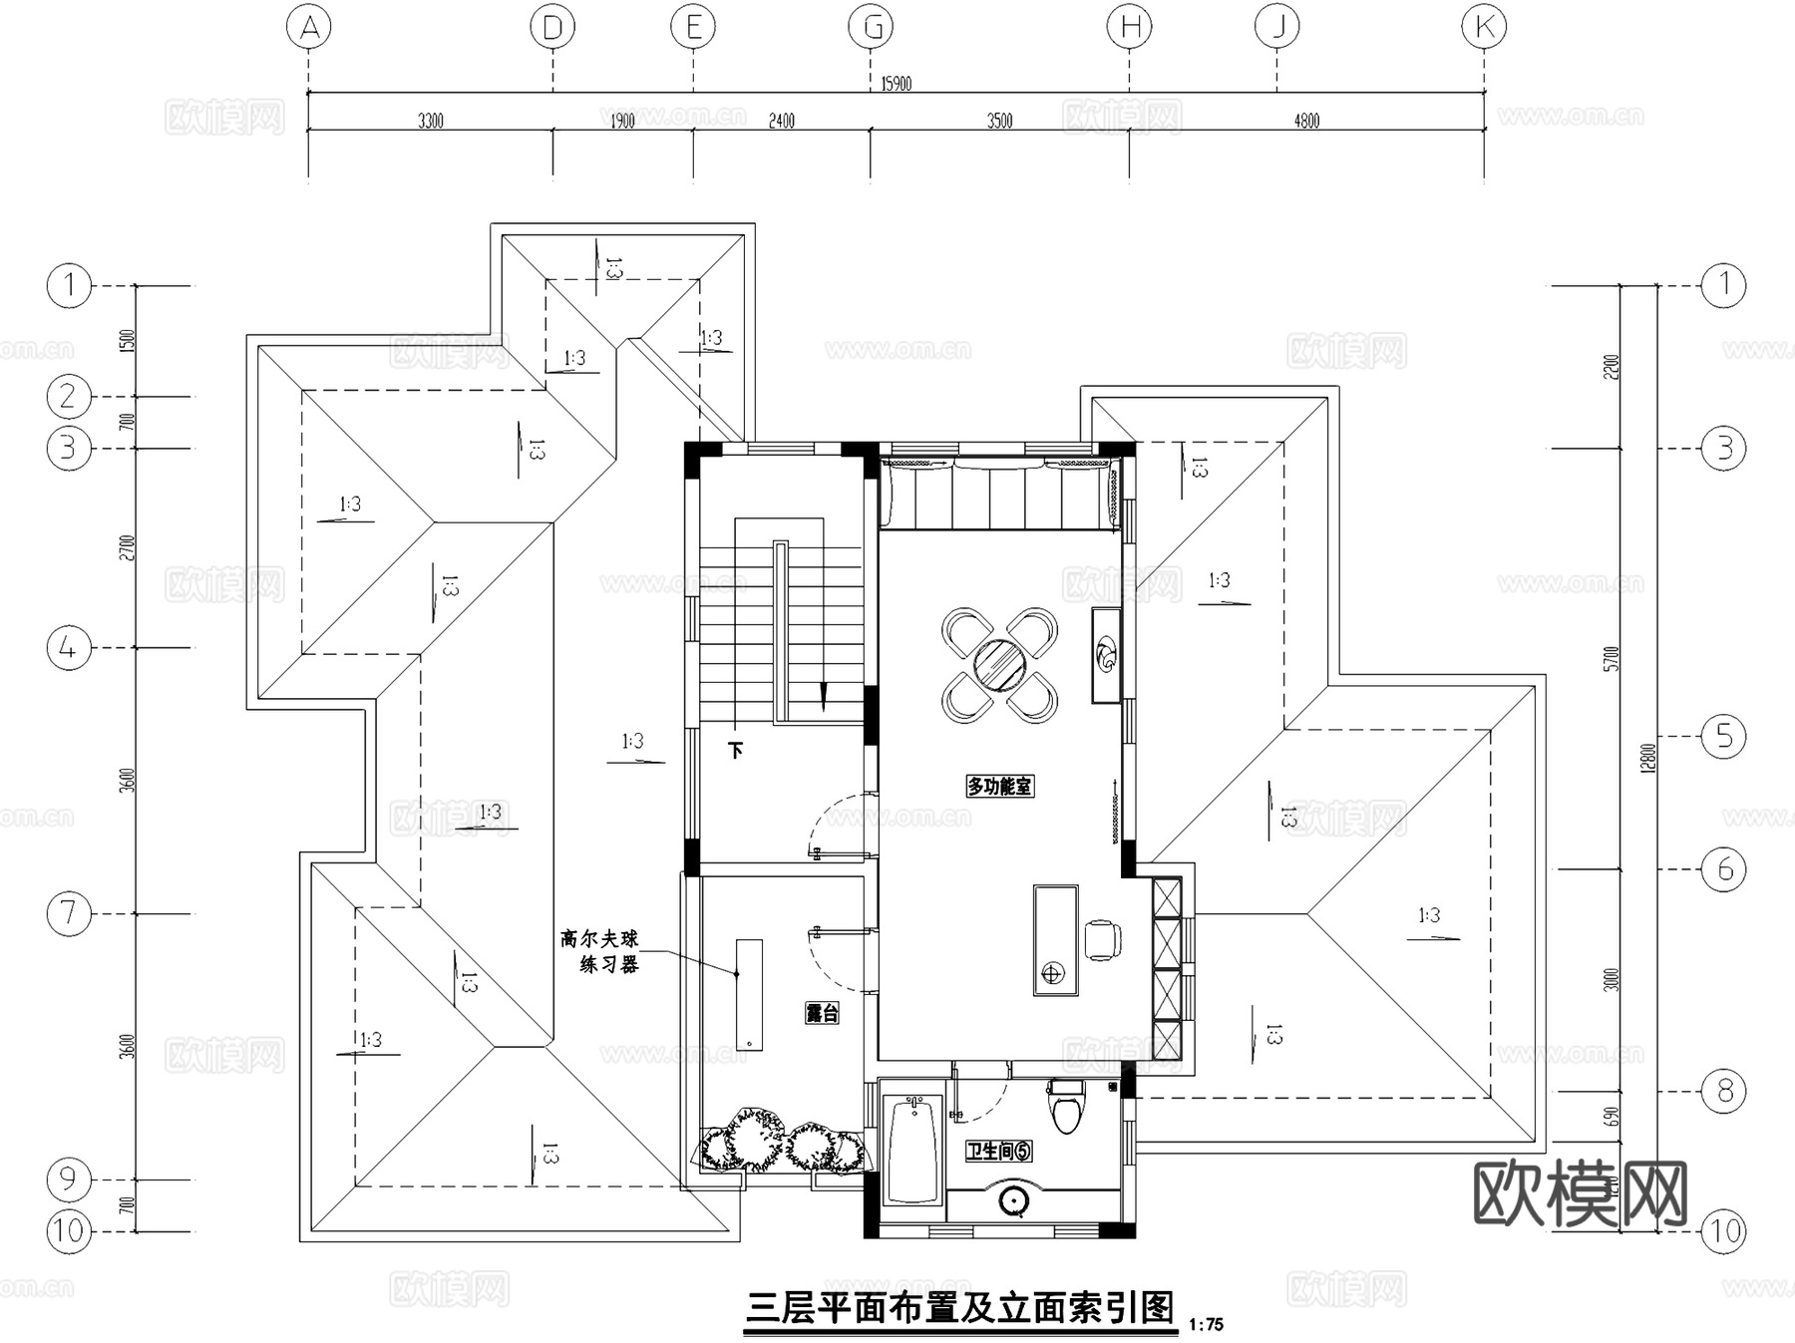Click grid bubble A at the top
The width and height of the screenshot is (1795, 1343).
tap(309, 27)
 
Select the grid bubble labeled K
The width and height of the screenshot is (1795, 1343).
tap(1484, 27)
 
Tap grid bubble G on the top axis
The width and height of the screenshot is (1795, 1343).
tap(871, 27)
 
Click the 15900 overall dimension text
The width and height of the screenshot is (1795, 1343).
tap(896, 84)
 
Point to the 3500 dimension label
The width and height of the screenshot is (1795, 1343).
tap(999, 121)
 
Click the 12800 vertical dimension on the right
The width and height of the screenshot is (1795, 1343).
tap(1647, 758)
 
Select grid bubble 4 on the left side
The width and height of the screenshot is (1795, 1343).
tap(69, 648)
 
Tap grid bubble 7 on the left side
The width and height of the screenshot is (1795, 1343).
tap(69, 913)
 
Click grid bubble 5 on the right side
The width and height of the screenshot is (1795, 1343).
tap(1724, 737)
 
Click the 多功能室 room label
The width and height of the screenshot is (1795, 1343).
tap(999, 786)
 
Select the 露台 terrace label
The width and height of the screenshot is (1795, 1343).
tap(822, 1013)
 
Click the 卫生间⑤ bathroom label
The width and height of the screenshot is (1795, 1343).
tap(998, 1151)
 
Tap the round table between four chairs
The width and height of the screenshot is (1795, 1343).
tap(998, 665)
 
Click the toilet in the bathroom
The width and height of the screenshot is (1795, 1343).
tap(1066, 1107)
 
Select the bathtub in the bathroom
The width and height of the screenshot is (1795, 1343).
tap(912, 1149)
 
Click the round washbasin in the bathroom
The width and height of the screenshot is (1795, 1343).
tap(1014, 1201)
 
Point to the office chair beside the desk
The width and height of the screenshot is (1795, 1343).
tap(1102, 939)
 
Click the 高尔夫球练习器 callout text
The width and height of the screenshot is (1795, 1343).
tap(599, 951)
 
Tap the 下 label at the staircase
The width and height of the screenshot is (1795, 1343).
tap(736, 750)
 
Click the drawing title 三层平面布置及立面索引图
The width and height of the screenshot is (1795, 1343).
tap(961, 1307)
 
